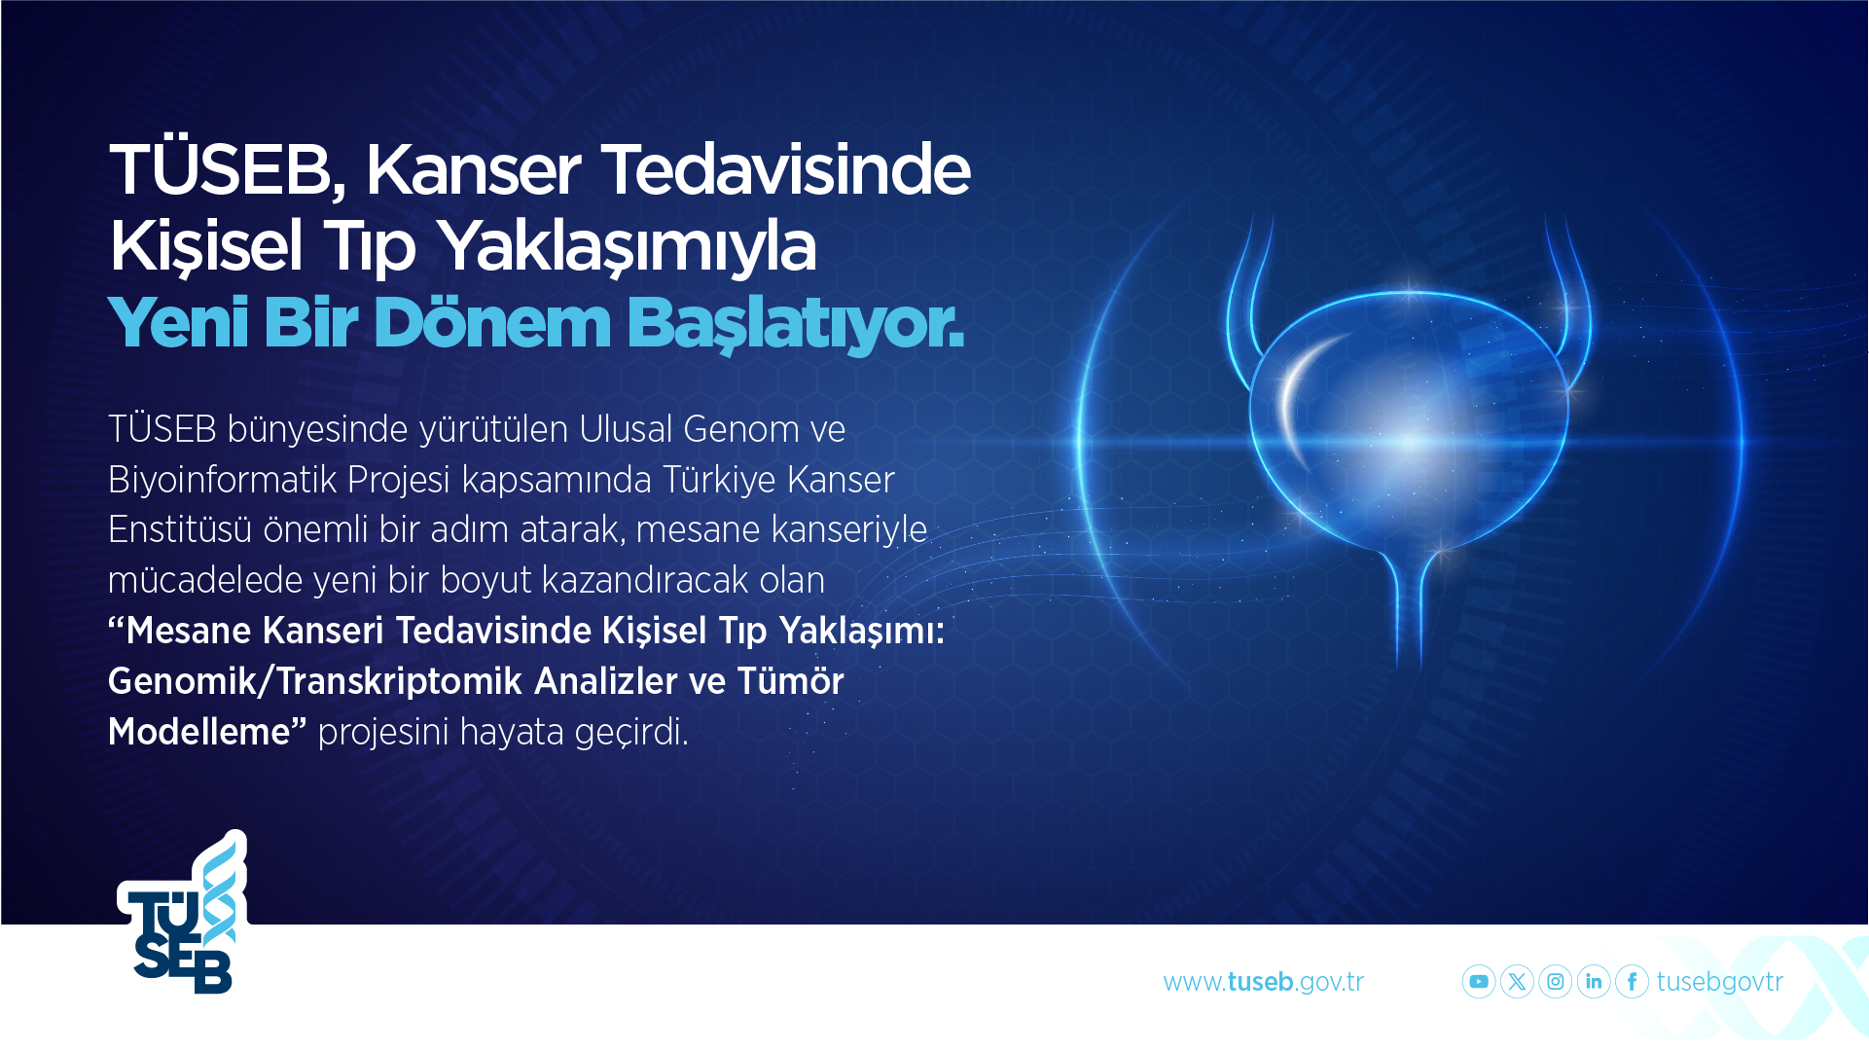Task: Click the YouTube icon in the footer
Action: coord(1479,982)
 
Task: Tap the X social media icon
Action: coord(1517,982)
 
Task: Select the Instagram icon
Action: coord(1556,982)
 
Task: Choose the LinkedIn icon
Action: coord(1594,982)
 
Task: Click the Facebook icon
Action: coord(1632,982)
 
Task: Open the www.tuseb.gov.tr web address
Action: coord(1264,982)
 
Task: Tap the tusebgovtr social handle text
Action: coord(1720,982)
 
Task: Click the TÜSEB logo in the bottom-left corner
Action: coord(183,912)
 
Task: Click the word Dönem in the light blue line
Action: coord(492,322)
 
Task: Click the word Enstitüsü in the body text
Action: coord(180,529)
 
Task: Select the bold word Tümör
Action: coord(790,681)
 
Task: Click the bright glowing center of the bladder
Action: coord(1410,441)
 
